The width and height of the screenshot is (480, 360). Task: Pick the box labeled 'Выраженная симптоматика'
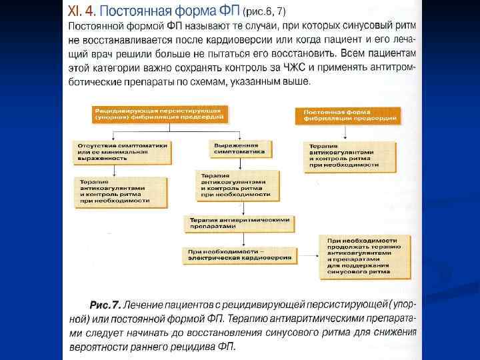point(241,149)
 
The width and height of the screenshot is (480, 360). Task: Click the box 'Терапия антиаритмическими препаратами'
point(239,222)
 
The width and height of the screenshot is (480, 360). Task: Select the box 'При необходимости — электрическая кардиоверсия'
point(240,253)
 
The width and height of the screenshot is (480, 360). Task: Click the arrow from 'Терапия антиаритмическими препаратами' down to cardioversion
point(243,238)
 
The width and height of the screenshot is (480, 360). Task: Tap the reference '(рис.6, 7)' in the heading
point(267,12)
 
